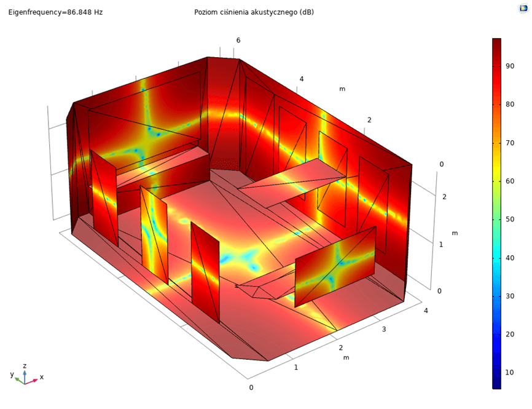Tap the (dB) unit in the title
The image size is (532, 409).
[307, 12]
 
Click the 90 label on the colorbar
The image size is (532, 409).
[510, 66]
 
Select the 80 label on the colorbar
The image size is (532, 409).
[510, 105]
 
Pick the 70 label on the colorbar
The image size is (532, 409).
[510, 143]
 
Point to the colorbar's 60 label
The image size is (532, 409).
[510, 181]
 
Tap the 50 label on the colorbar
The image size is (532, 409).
[510, 219]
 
